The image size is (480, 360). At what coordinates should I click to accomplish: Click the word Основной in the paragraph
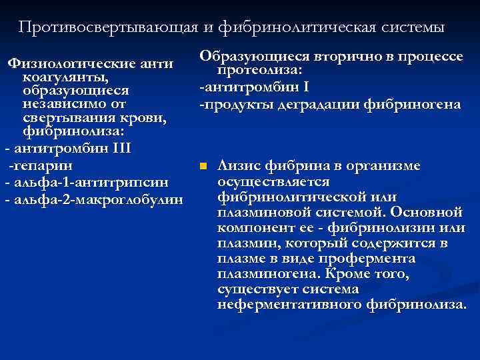(426, 213)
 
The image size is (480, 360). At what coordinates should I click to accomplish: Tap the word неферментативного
(289, 305)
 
